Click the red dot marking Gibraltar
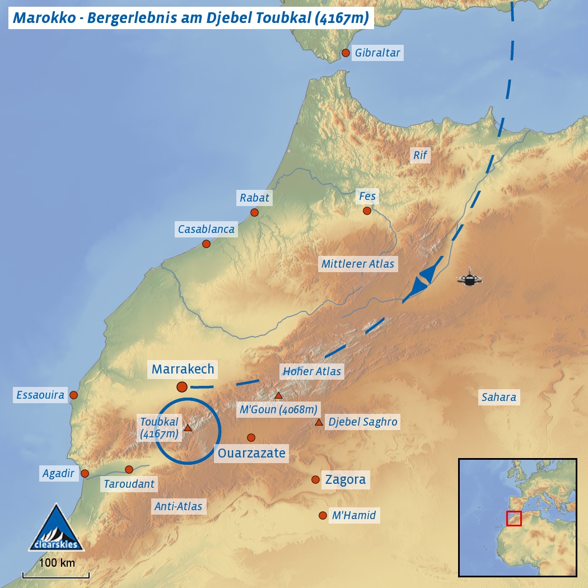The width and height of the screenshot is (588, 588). pyautogui.click(x=346, y=53)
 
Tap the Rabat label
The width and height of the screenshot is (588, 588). pyautogui.click(x=254, y=198)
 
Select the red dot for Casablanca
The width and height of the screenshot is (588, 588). pyautogui.click(x=206, y=244)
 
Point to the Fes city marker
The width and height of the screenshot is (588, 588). pyautogui.click(x=367, y=211)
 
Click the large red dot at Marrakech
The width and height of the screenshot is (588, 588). pyautogui.click(x=181, y=386)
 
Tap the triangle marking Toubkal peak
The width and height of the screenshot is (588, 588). pyautogui.click(x=188, y=428)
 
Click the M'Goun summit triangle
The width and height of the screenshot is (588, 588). pyautogui.click(x=278, y=395)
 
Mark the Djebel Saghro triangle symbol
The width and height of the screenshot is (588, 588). pyautogui.click(x=319, y=422)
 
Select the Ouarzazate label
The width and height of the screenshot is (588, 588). pyautogui.click(x=251, y=452)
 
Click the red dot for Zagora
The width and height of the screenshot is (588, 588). pyautogui.click(x=315, y=479)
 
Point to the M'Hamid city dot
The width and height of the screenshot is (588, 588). pyautogui.click(x=322, y=515)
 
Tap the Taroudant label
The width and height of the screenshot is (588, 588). pyautogui.click(x=129, y=484)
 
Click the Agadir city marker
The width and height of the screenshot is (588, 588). pyautogui.click(x=85, y=473)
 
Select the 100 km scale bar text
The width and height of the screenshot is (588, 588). pyautogui.click(x=57, y=563)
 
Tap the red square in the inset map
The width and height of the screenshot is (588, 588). pyautogui.click(x=514, y=519)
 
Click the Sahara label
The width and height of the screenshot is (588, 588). pyautogui.click(x=498, y=398)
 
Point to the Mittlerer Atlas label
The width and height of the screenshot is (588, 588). pyautogui.click(x=358, y=264)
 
